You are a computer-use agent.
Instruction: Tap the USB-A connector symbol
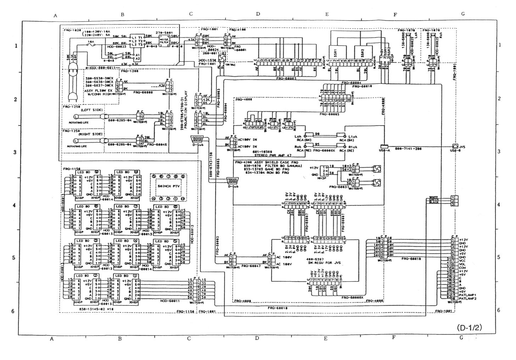pyautogui.click(x=384, y=146)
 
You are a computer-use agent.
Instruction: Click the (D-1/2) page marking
pyautogui.click(x=470, y=327)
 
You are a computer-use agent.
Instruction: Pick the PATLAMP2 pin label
pyautogui.click(x=467, y=298)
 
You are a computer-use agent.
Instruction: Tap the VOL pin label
pyautogui.click(x=462, y=264)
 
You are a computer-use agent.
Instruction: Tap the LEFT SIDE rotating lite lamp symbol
pyautogui.click(x=76, y=116)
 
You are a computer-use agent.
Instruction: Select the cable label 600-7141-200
pyautogui.click(x=408, y=149)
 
